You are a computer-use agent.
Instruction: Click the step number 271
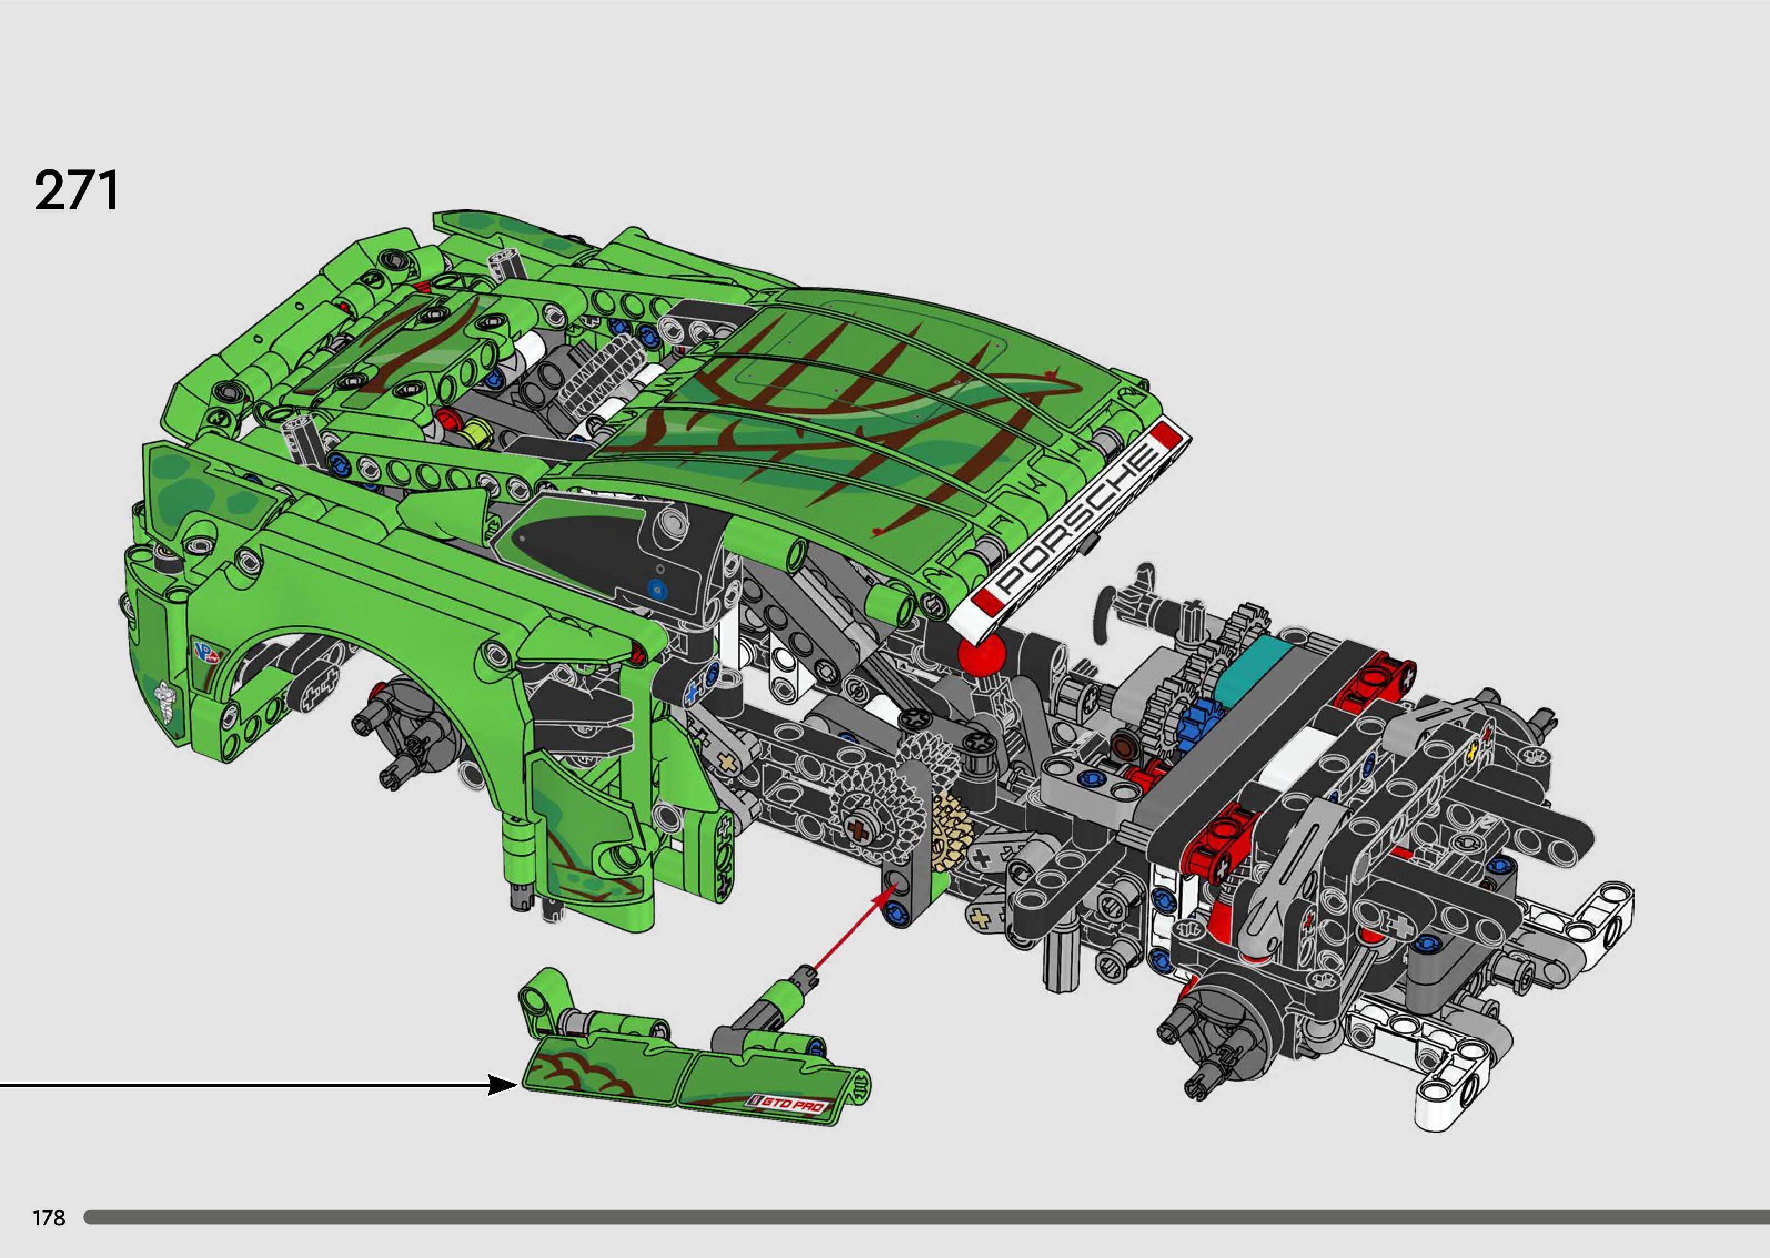point(77,190)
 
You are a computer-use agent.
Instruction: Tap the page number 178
point(49,1218)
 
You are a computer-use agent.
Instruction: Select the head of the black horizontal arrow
point(504,1084)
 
